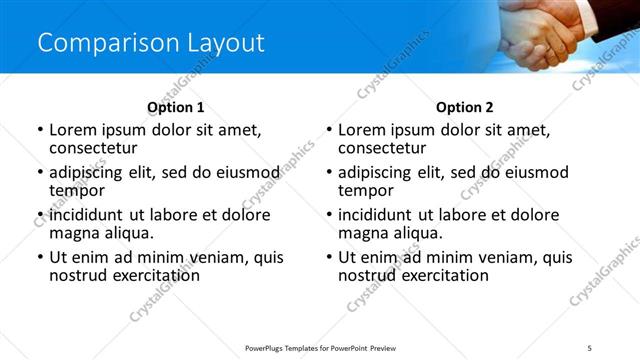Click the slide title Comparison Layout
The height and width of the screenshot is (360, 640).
pos(151,43)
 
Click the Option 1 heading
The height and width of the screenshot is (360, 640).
pos(175,107)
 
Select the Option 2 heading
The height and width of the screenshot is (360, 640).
pos(464,107)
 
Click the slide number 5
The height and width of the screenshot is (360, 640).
pos(589,347)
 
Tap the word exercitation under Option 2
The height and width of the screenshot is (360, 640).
pos(443,275)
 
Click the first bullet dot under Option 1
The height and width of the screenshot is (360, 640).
pos(40,130)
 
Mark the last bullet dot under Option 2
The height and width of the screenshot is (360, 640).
pos(329,258)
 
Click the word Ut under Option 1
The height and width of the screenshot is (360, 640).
pos(58,257)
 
